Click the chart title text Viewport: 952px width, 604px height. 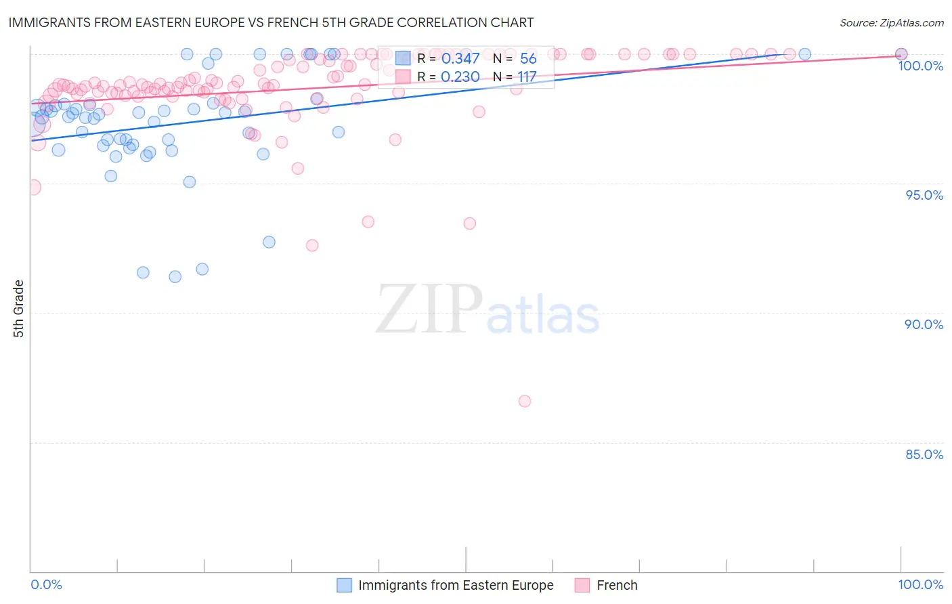[x=271, y=22]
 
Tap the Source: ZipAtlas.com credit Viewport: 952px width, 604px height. [x=891, y=22]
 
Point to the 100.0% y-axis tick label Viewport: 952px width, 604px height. [x=920, y=66]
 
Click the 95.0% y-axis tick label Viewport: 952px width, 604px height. [x=924, y=195]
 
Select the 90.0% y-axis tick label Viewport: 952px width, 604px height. [x=924, y=324]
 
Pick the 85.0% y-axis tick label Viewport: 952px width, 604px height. [x=924, y=454]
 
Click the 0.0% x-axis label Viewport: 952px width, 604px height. [x=46, y=584]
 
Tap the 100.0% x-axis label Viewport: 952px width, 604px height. [x=920, y=584]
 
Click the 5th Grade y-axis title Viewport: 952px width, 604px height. [x=19, y=308]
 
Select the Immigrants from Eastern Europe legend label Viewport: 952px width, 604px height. [x=456, y=585]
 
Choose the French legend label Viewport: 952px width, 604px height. [x=617, y=585]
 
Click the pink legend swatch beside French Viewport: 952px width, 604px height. [x=582, y=585]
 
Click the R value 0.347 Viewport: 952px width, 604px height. [x=460, y=59]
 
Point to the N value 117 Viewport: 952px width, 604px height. [x=527, y=77]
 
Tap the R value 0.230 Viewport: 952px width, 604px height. [x=460, y=77]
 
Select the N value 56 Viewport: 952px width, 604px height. [x=528, y=59]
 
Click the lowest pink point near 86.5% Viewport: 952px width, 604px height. [x=525, y=401]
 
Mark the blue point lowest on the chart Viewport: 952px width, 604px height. [x=175, y=276]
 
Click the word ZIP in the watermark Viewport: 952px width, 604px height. [x=429, y=309]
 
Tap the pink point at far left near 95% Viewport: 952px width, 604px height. [x=33, y=187]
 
